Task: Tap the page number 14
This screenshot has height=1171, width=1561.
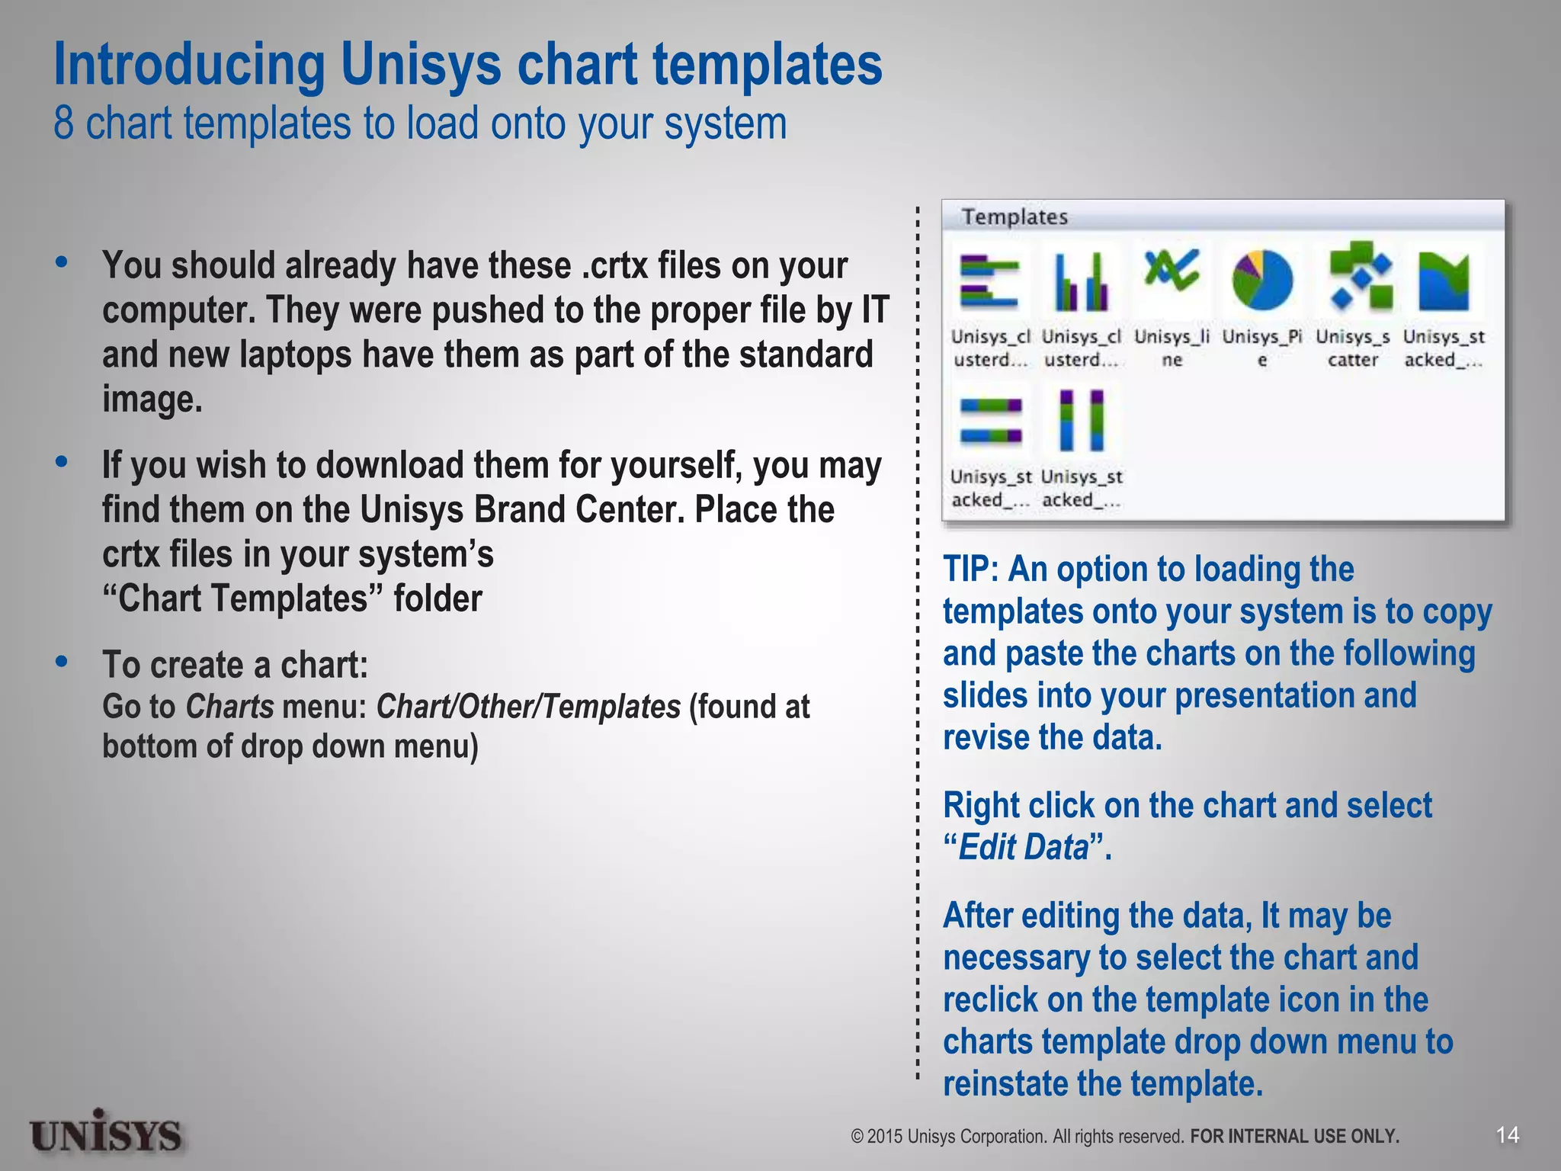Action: tap(1507, 1135)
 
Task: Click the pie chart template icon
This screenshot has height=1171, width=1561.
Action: tap(1262, 280)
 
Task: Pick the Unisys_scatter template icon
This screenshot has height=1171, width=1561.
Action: tap(1361, 277)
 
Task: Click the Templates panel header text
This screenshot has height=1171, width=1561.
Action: tap(1014, 217)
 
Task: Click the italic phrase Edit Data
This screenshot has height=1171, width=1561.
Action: tap(1023, 848)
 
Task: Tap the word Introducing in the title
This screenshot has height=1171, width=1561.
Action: tap(189, 65)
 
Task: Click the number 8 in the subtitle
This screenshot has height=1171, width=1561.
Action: tap(64, 124)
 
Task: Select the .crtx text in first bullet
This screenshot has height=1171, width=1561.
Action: tap(613, 266)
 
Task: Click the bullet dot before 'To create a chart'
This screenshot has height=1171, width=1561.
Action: tap(62, 662)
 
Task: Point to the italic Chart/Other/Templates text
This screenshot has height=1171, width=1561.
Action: tap(528, 707)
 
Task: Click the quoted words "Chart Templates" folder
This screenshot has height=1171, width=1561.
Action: tap(292, 598)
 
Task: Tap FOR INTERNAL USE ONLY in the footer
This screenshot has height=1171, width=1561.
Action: tap(1294, 1137)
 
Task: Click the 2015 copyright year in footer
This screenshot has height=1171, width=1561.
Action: tap(884, 1137)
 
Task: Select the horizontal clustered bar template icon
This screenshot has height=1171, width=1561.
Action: tap(989, 281)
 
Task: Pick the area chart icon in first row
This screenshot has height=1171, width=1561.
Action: tap(1444, 281)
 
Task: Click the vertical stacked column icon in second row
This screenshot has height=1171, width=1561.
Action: tap(1081, 420)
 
